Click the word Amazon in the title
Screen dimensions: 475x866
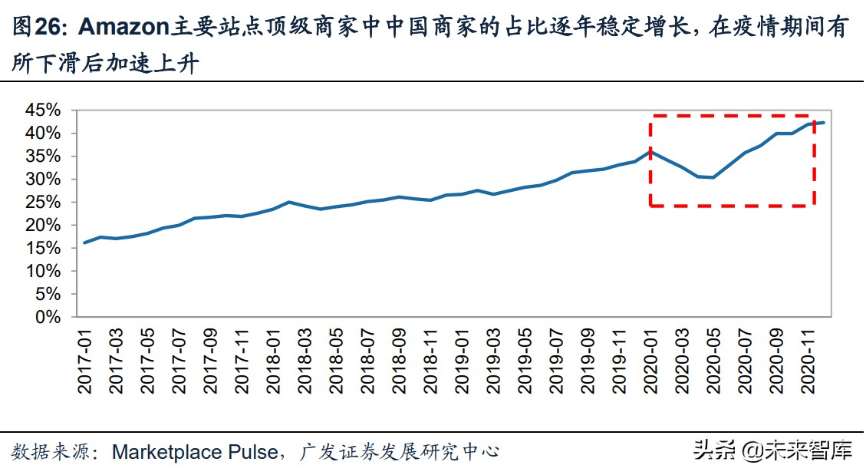tap(123, 28)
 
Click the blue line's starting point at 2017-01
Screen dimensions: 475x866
tap(84, 242)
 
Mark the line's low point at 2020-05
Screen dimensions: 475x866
tap(713, 177)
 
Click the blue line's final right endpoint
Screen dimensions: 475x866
tap(823, 122)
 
